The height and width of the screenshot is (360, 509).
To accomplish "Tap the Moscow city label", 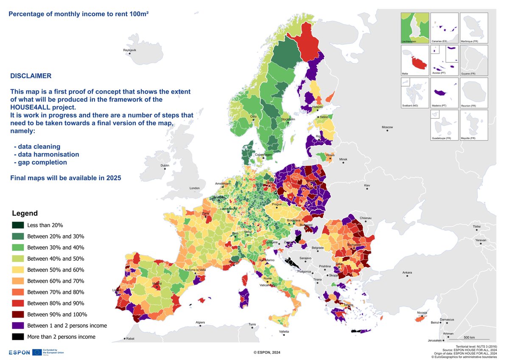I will coord(387,127).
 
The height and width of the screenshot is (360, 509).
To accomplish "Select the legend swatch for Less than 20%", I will coord(18,225).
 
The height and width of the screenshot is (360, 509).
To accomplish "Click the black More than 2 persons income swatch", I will coord(18,337).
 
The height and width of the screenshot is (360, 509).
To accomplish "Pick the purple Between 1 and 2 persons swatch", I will coord(18,326).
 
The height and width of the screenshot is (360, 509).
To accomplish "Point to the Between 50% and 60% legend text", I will coord(56,270).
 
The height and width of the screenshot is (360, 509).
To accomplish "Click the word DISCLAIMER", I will coord(31,76).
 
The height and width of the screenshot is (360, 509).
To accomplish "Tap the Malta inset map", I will coord(415,61).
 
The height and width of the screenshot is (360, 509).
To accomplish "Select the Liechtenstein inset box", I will coord(415,28).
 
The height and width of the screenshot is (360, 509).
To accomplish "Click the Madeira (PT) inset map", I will coord(444,93).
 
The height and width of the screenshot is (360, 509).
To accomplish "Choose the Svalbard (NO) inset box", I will coord(415,93).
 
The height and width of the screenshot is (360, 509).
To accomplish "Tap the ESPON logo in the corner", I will coord(20,352).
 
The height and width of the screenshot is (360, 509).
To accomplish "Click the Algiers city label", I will coord(200,323).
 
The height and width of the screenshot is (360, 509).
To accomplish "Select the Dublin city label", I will coord(165,166).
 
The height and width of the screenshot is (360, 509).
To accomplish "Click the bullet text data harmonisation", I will coord(48,155).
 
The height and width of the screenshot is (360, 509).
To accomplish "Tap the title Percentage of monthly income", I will coord(78,14).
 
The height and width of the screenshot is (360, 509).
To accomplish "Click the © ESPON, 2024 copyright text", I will coord(267,352).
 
